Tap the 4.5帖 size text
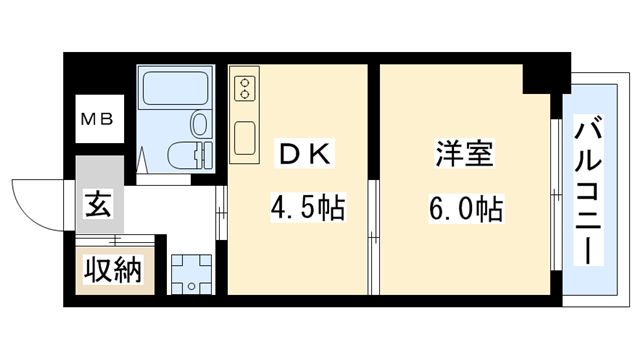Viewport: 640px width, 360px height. [308, 209]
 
